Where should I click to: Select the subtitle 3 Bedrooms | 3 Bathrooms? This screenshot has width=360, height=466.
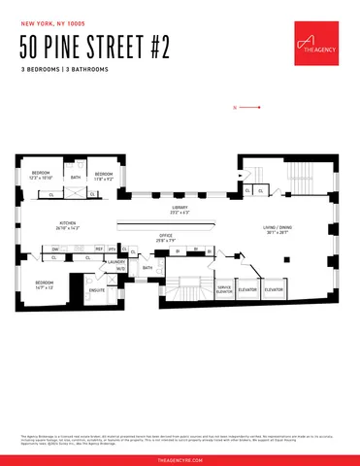64,71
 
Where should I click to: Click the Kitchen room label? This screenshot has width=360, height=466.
68,225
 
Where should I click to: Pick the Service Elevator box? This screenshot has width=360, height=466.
224,288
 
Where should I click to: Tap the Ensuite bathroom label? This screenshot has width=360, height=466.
96,289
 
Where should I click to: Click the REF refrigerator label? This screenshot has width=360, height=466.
99,250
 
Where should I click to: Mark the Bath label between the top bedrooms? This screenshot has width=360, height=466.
75,178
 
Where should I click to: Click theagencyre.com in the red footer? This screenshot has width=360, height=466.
180,459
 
